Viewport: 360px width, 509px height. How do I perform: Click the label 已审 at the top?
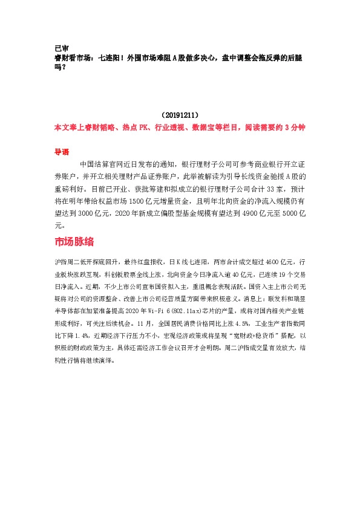tap(61, 48)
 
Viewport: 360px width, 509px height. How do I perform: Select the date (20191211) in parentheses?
tap(180, 114)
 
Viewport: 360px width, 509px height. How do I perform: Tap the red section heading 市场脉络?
tap(74, 242)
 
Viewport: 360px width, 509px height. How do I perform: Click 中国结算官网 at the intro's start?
tap(99, 164)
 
